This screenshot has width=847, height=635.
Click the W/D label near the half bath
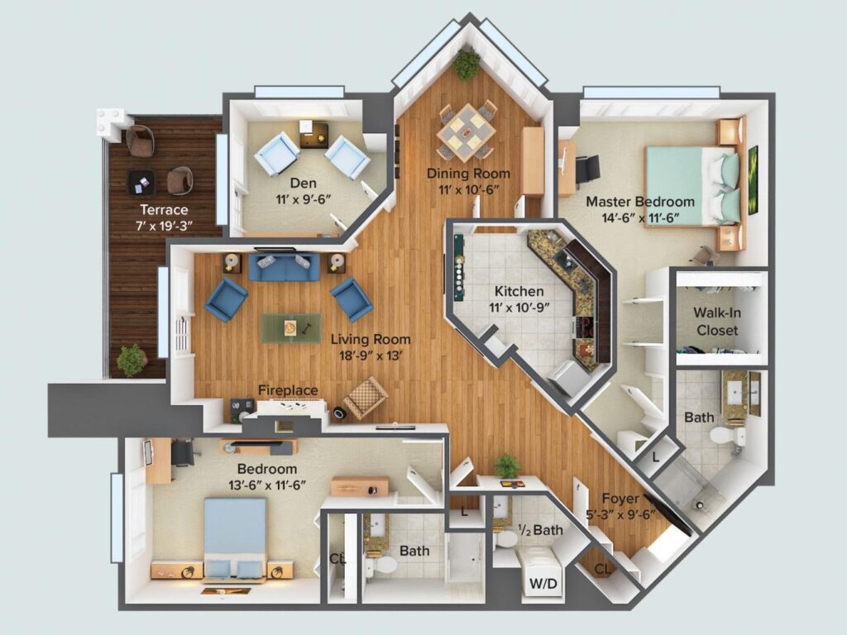(543, 584)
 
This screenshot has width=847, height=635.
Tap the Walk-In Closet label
(717, 322)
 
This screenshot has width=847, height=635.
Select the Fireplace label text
(288, 390)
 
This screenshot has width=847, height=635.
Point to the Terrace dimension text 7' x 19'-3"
(164, 226)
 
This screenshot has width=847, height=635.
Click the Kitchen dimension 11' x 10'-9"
(519, 308)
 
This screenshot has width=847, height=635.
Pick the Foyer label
(620, 499)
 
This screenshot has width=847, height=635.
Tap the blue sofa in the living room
(284, 267)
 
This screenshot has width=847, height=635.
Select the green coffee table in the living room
(291, 328)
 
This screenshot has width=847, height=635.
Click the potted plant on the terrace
(132, 360)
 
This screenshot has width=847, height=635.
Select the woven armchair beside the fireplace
(365, 397)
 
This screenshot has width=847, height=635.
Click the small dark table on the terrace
(141, 183)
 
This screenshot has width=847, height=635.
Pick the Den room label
(303, 183)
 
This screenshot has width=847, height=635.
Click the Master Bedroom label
(640, 202)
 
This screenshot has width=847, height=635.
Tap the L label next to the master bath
(655, 457)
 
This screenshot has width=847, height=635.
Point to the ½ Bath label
(540, 530)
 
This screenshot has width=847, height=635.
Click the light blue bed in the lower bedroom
(235, 538)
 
